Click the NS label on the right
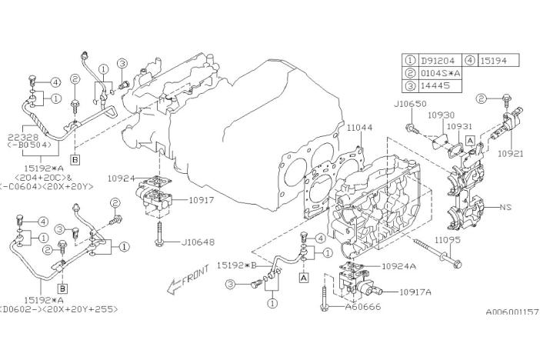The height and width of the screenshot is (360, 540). (x=505, y=207)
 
